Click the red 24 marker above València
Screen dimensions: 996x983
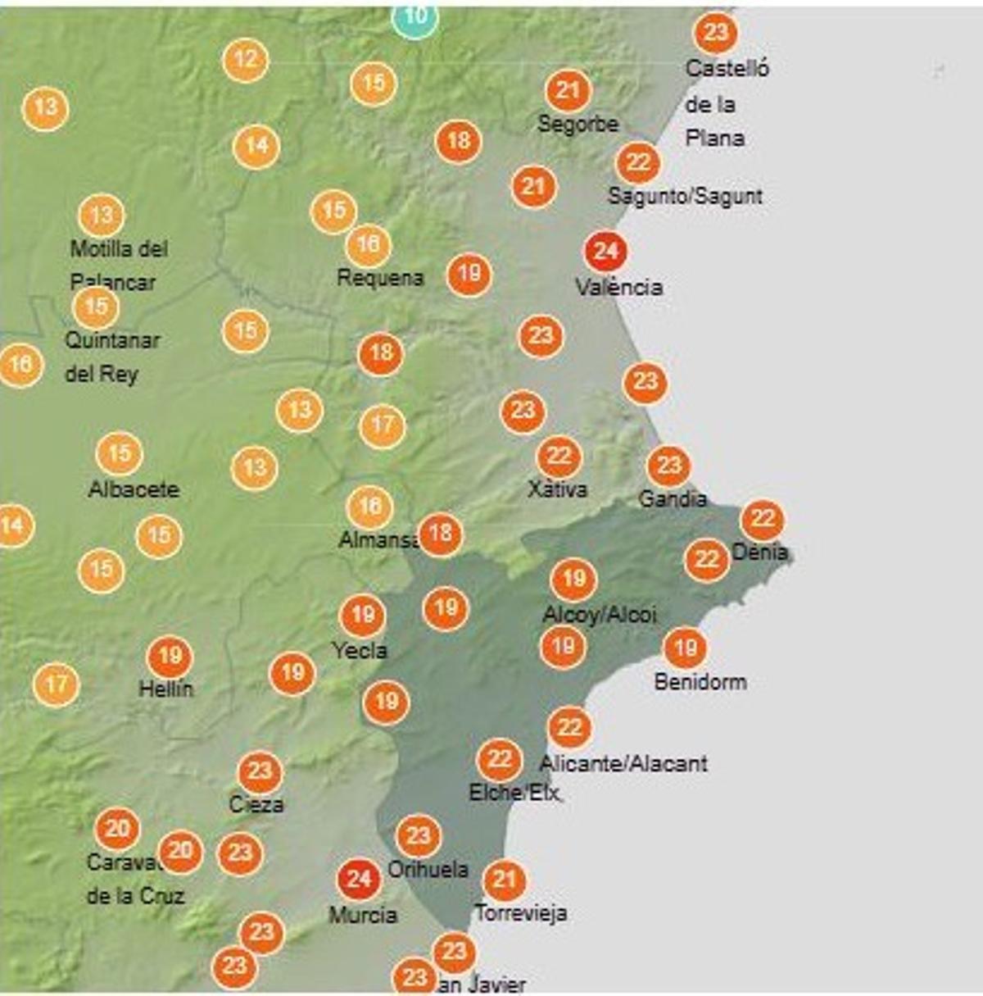point(605,251)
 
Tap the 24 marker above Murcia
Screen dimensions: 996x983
point(359,880)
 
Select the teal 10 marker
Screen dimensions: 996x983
point(414,16)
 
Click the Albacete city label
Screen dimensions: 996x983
point(134,489)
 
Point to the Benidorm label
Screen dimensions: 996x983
point(700,681)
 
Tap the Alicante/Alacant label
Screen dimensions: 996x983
point(623,764)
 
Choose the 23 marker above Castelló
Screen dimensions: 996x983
point(715,33)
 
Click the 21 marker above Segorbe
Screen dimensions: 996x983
point(568,90)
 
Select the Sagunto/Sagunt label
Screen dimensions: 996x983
point(685,196)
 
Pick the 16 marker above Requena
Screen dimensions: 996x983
point(369,244)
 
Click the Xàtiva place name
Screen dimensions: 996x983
point(557,489)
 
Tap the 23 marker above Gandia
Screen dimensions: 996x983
point(669,466)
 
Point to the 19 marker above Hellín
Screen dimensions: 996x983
point(170,657)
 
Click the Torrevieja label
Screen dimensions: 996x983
point(521,912)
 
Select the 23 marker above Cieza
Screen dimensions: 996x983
point(260,771)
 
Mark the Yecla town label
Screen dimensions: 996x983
point(360,651)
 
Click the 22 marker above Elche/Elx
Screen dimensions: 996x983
point(500,760)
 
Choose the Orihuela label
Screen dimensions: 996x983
point(428,869)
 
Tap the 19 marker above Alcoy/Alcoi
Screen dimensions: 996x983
point(573,580)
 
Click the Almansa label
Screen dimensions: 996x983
point(378,540)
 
